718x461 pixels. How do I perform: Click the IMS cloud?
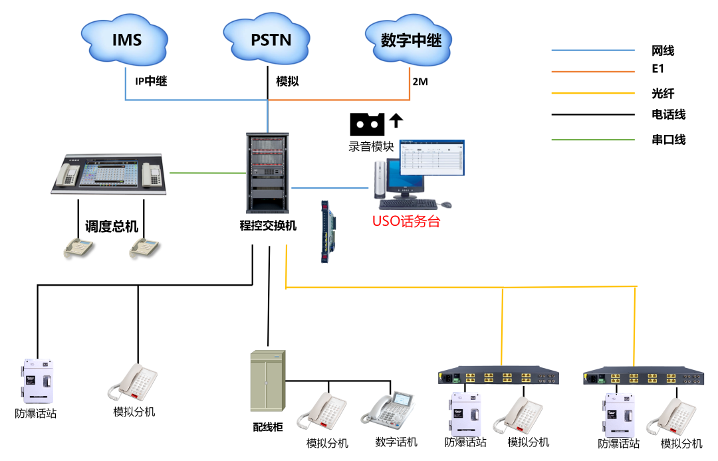click(126, 39)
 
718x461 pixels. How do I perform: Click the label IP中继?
click(151, 82)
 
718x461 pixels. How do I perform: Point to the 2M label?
click(420, 82)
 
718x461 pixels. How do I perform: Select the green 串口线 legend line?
click(593, 139)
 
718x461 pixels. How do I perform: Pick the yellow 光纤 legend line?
click(593, 94)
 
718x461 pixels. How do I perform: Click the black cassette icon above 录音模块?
click(367, 124)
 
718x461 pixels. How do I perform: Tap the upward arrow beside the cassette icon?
click(396, 120)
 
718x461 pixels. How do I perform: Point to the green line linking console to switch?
click(207, 173)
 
